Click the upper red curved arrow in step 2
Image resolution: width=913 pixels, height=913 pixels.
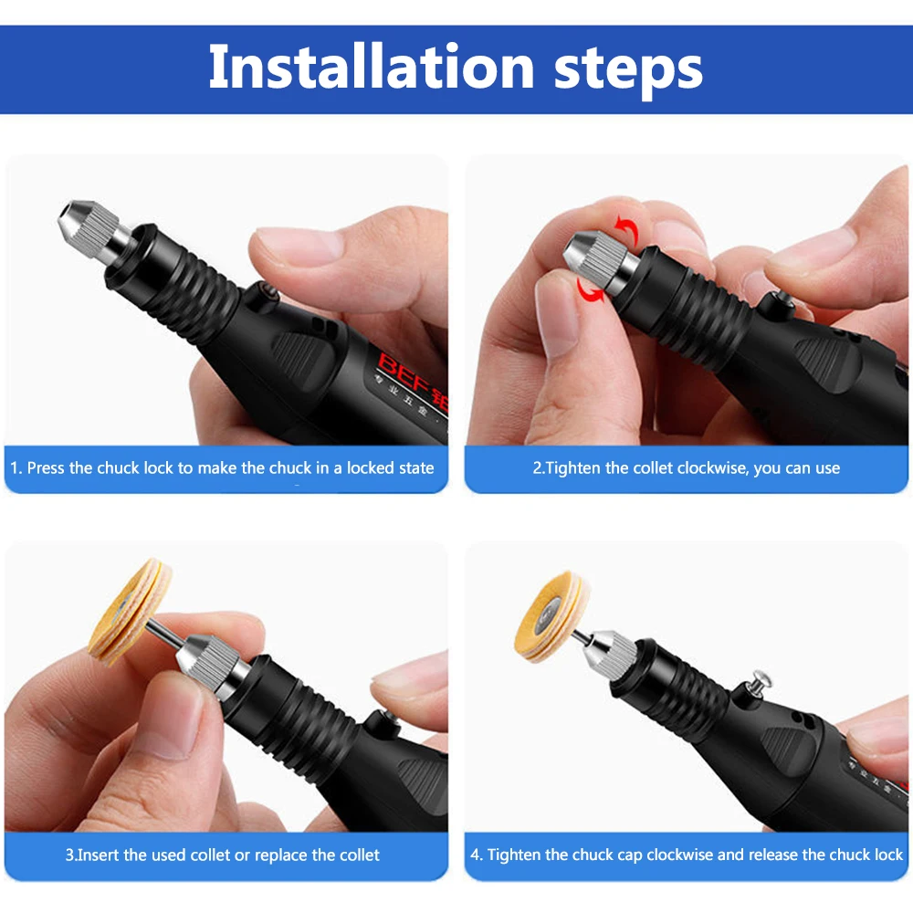click(624, 228)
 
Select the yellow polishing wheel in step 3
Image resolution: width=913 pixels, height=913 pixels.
click(130, 612)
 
